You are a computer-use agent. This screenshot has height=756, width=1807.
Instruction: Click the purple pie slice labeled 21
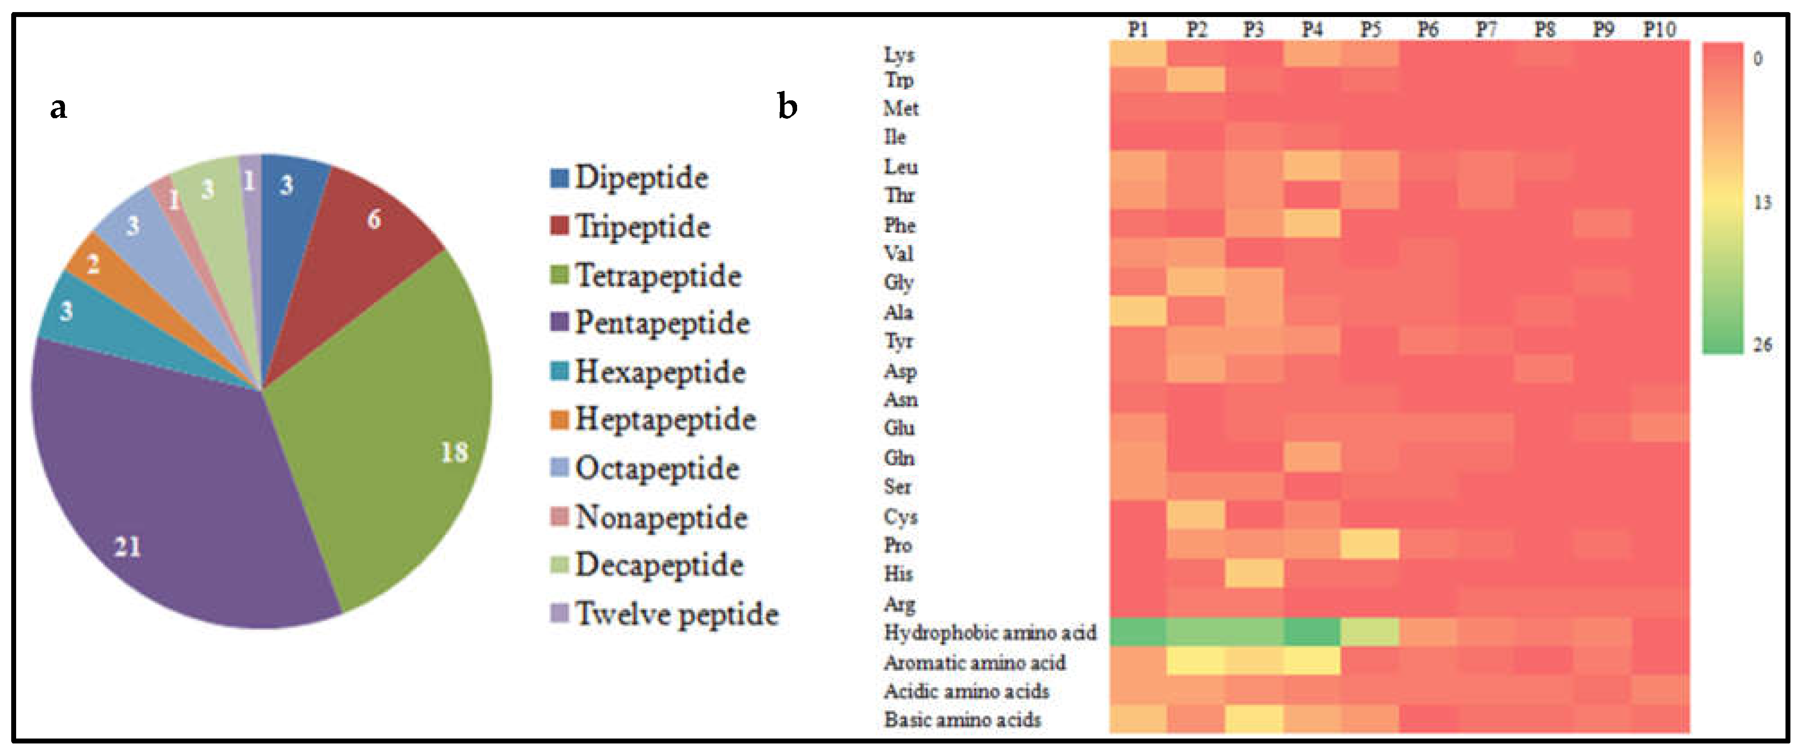click(161, 491)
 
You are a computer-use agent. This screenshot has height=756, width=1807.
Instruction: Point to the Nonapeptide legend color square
click(559, 517)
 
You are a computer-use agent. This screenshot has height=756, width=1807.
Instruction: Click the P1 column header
click(1138, 30)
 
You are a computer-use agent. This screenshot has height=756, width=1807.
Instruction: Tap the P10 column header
click(1660, 30)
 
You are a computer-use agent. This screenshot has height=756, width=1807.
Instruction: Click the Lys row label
click(899, 55)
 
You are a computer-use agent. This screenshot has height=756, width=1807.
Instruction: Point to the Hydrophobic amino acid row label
click(990, 632)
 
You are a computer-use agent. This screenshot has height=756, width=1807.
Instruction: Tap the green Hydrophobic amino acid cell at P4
click(1312, 632)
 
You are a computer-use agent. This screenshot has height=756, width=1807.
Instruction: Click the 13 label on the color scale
click(1762, 203)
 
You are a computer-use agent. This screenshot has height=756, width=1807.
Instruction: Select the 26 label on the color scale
click(1762, 344)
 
